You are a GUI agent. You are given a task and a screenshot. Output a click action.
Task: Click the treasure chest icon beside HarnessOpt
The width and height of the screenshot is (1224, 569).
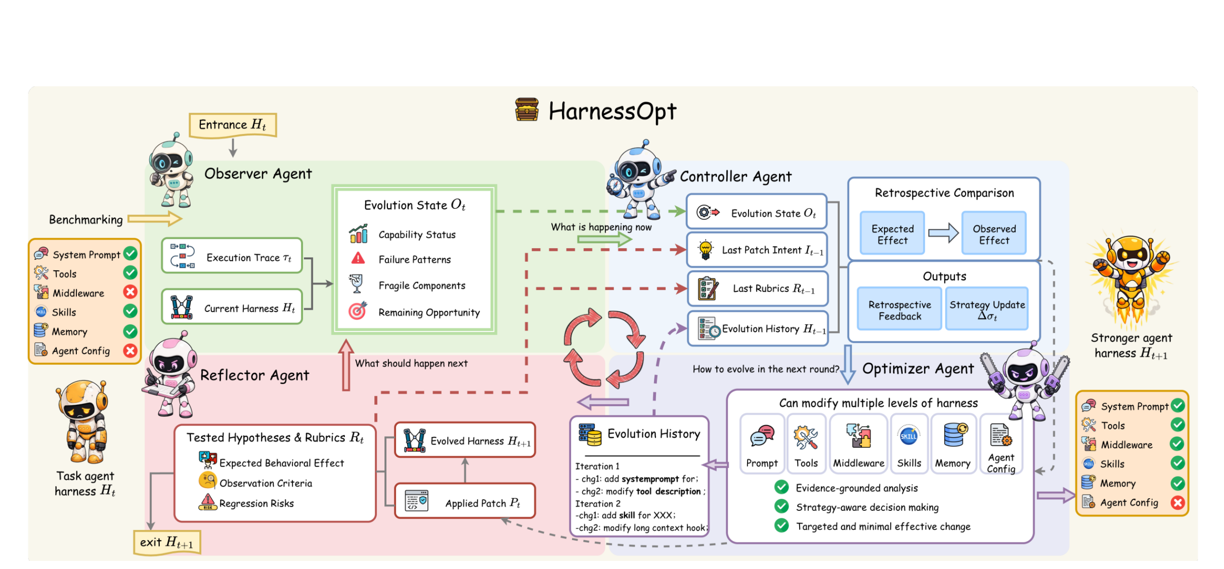coord(527,110)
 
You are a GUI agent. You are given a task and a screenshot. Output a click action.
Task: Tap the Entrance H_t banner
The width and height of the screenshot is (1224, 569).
coord(233,125)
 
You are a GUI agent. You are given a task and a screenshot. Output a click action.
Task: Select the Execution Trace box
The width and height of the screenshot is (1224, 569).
coord(232,256)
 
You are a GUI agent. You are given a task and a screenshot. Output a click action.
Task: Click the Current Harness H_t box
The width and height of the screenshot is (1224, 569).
coord(232,307)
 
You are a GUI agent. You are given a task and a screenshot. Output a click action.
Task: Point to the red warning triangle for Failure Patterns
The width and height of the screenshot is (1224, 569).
coord(358,258)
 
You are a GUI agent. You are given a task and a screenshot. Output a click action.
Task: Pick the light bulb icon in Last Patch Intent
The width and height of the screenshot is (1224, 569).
coord(705,250)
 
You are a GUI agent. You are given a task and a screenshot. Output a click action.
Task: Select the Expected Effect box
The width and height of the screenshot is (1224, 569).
coord(892,233)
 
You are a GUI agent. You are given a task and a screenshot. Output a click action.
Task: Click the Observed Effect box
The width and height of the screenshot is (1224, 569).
coord(994,233)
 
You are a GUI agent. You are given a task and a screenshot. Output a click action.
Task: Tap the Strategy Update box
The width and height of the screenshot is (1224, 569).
coord(987,309)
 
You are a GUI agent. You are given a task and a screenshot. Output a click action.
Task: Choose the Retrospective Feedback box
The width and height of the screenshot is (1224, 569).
coord(899,309)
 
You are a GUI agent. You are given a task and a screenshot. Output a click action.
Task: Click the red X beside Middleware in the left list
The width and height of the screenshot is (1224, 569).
coord(130,292)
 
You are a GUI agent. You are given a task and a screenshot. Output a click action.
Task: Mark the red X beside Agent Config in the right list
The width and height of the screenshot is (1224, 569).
coord(1178,502)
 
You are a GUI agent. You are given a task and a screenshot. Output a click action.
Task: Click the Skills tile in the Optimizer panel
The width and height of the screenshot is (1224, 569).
coord(909,444)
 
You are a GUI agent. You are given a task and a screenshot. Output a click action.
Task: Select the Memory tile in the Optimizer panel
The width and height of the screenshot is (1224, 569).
coord(953,444)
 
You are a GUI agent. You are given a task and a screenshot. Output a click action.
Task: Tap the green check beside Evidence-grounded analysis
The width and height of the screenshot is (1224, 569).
coord(781,487)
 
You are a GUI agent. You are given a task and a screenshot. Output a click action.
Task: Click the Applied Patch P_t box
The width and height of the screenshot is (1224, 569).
coord(465,501)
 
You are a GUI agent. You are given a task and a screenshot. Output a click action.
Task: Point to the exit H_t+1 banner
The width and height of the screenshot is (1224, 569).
coord(167,543)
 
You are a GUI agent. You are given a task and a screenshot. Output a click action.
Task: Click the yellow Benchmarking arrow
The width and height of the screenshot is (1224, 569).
coord(155,219)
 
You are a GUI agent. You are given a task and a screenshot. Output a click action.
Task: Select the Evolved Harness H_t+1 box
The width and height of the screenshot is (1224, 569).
coord(465,440)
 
